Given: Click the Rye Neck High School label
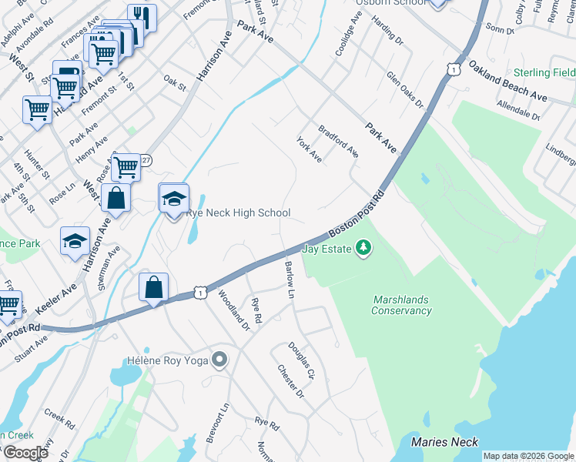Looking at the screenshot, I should coord(238,213).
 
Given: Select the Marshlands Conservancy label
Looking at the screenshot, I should coord(401,305).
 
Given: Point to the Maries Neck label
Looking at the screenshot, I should coord(444,442).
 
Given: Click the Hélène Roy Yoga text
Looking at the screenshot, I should coord(168,360).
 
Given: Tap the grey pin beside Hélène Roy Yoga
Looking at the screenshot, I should coord(220,360).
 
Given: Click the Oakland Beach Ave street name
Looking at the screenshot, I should coord(508,82).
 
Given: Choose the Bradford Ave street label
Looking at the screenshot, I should coord(339,141).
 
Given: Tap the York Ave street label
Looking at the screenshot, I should coord(310,149).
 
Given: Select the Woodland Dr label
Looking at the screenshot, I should coord(233,310).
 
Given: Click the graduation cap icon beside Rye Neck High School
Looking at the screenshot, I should coord(174,199).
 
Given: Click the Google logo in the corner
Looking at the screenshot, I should coord(25,453).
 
